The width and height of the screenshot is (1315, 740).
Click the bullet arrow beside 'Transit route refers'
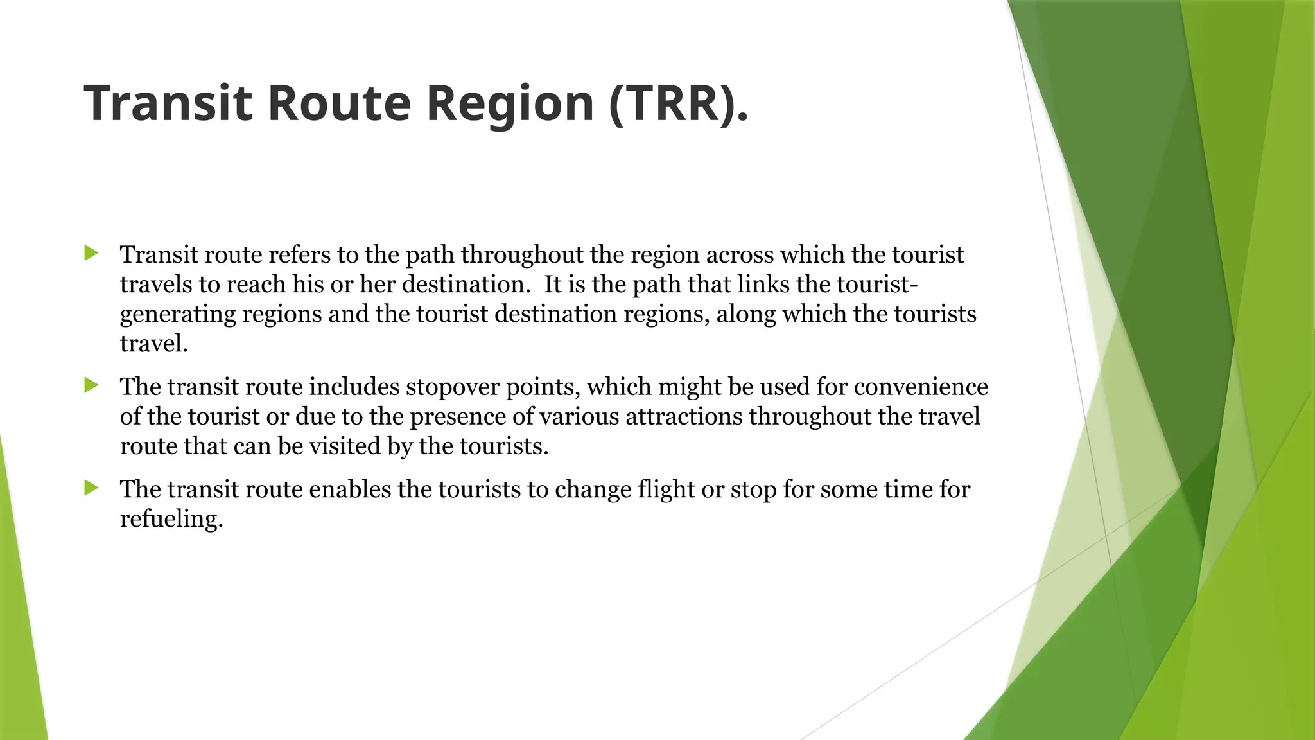(x=91, y=253)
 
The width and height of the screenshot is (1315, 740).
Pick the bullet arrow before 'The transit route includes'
(x=91, y=385)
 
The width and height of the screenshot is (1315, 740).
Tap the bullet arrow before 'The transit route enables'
(x=91, y=488)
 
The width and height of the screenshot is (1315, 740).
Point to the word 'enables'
(x=350, y=490)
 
